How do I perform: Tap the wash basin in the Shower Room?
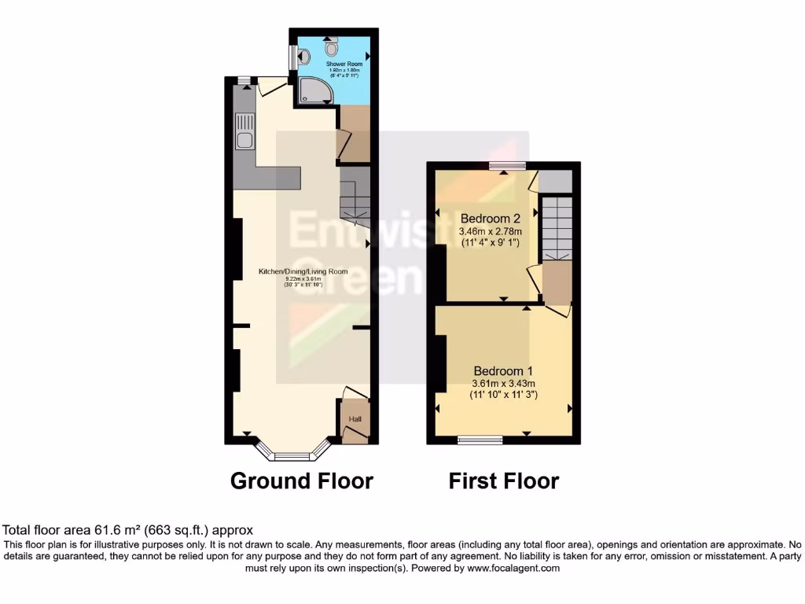click(x=304, y=57)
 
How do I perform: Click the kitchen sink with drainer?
click(x=244, y=132)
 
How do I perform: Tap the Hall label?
click(x=355, y=419)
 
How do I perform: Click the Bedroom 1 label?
click(x=503, y=370)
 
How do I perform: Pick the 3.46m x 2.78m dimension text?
click(x=491, y=231)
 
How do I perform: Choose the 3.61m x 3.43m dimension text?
click(x=503, y=383)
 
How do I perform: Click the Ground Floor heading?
click(x=301, y=481)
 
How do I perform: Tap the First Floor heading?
click(x=504, y=481)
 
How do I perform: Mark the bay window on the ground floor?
click(x=292, y=454)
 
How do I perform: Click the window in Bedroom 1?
click(x=480, y=440)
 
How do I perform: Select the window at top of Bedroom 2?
click(x=507, y=165)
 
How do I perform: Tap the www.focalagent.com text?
click(x=513, y=568)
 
